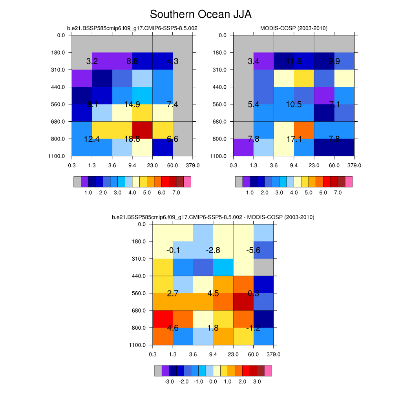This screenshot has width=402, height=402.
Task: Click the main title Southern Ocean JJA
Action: point(201,15)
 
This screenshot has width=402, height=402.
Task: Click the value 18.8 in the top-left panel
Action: point(132,139)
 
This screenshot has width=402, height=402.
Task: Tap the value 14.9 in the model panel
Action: point(132,104)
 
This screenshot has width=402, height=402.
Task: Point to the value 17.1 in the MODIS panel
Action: point(294,139)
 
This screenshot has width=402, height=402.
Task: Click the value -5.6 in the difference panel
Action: point(253,250)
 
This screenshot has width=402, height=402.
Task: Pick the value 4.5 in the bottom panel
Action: point(213,293)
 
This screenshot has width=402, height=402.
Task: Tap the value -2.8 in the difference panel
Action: point(213,250)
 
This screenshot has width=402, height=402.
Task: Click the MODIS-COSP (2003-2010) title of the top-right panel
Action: point(294,28)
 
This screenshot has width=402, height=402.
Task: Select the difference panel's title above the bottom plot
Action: point(213,217)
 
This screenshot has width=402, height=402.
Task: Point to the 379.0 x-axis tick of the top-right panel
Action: point(354,165)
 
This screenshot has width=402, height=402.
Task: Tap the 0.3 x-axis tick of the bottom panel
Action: point(152,354)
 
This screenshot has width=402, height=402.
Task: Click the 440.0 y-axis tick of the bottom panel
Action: point(140,276)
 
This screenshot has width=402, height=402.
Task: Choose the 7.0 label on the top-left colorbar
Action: point(176,193)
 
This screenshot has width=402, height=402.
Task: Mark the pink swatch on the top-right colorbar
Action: point(349,181)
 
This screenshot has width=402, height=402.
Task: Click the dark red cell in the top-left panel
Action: point(143,130)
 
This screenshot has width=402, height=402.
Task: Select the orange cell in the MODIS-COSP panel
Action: point(304,130)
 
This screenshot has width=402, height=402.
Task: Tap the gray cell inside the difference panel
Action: point(263,267)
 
